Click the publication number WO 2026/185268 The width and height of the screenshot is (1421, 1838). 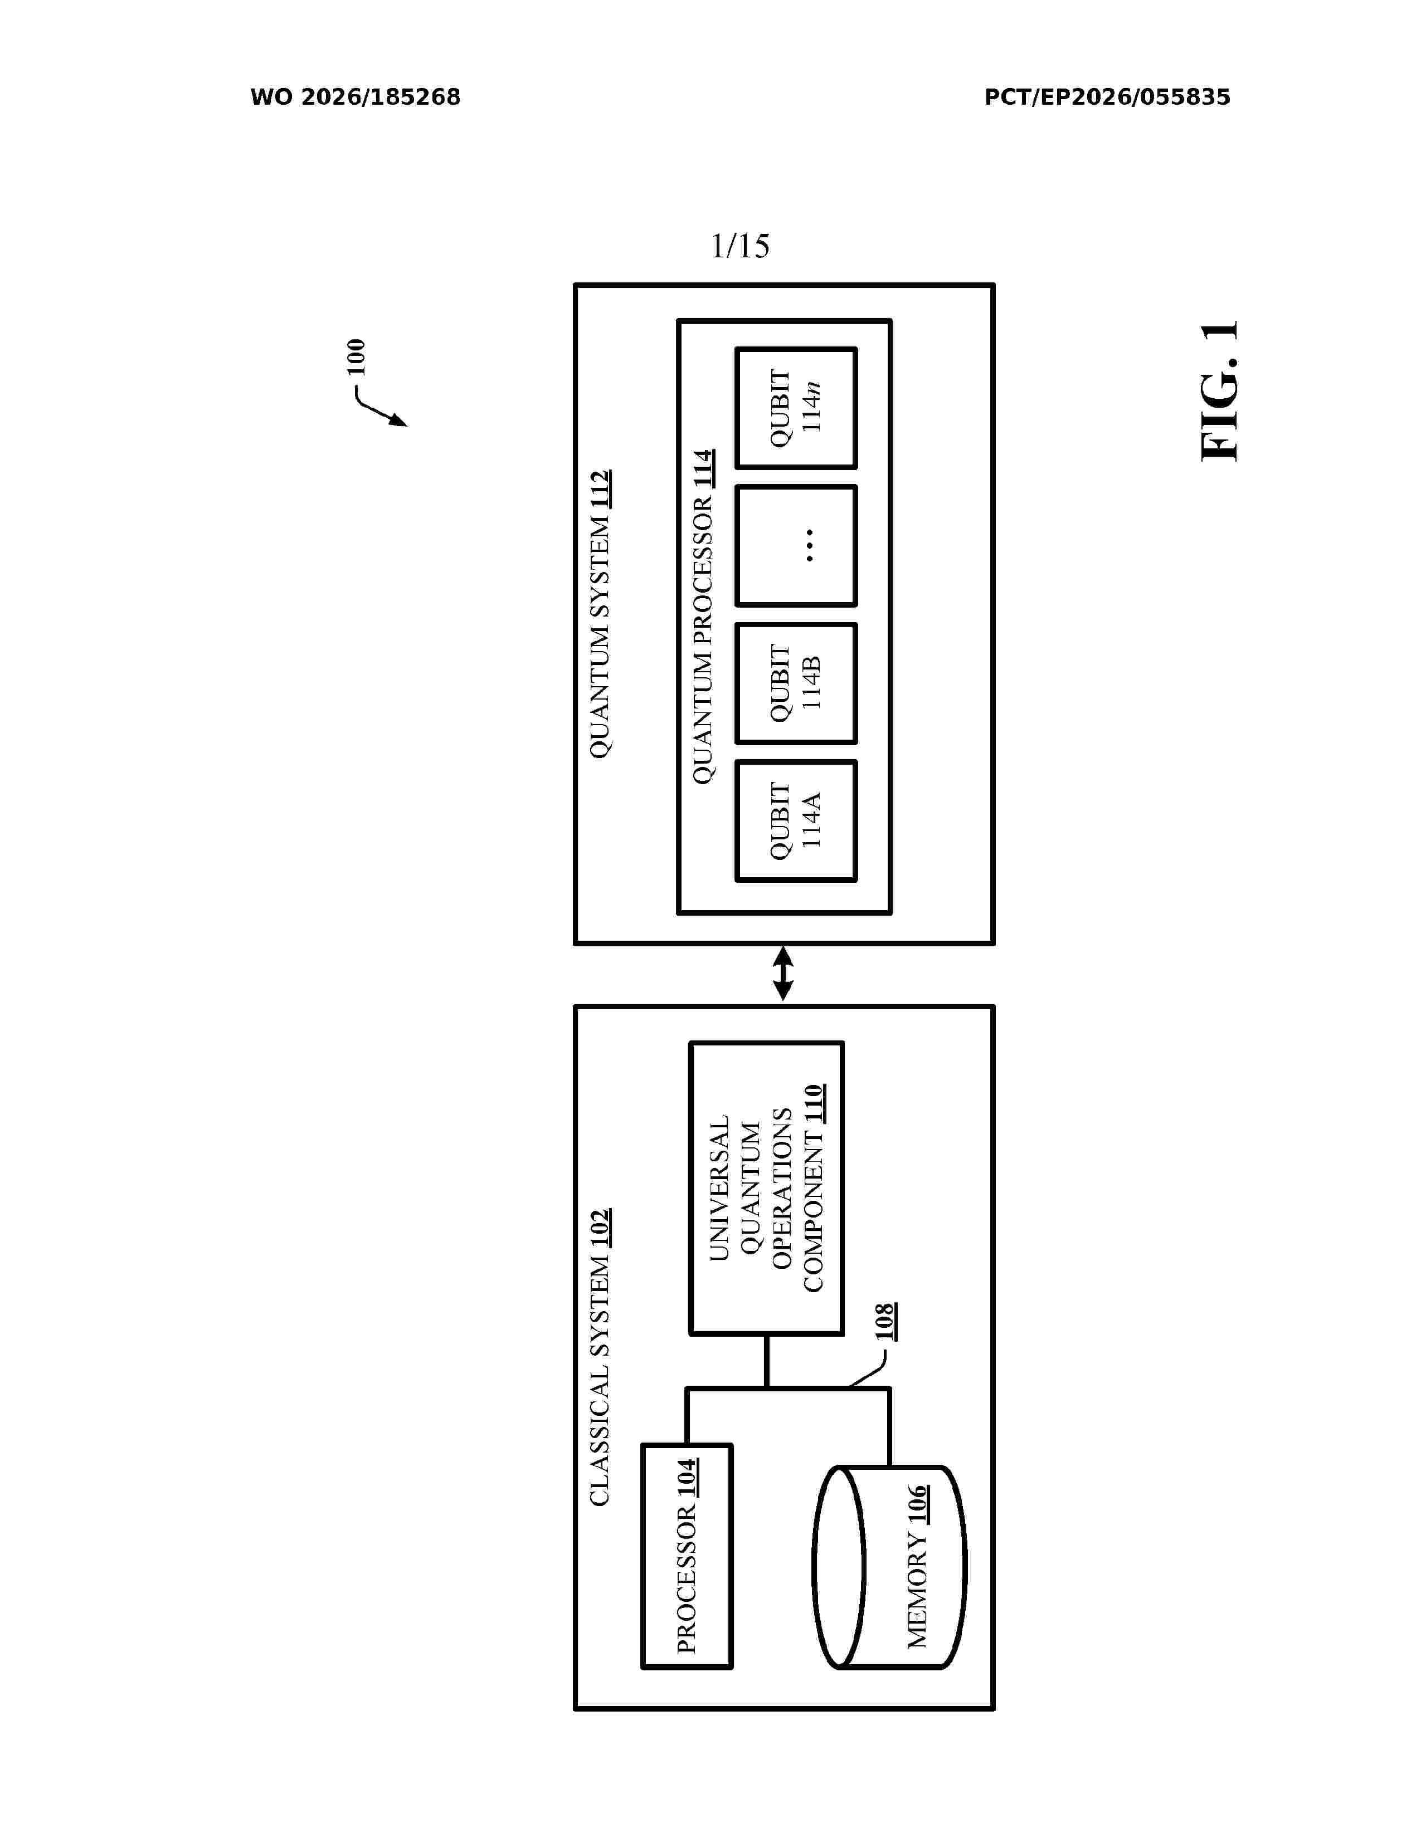coord(356,97)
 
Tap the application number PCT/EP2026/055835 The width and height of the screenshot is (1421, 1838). coord(1107,97)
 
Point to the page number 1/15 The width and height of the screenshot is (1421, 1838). coord(740,246)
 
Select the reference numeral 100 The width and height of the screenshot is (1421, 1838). coord(356,357)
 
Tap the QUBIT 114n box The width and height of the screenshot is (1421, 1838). coord(796,408)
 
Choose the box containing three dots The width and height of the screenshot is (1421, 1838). coord(796,545)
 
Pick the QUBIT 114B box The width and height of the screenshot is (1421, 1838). coord(796,683)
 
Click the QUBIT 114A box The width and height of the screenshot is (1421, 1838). coord(796,820)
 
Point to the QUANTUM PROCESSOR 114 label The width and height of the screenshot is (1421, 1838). coord(703,618)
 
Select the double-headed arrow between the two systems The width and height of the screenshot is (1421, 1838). coord(783,974)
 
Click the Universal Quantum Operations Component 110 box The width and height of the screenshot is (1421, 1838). coord(766,1189)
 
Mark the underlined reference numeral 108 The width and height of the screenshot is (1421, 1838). coord(884,1322)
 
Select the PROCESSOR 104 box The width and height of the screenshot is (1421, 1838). coord(687,1556)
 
